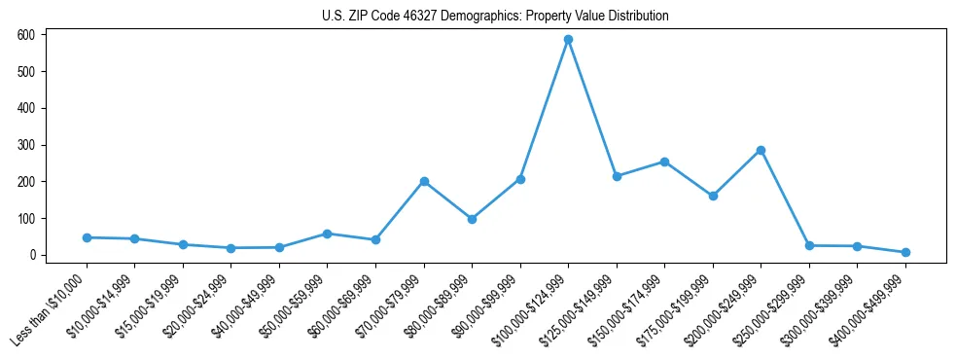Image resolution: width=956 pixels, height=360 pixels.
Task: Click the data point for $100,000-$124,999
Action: coord(569,40)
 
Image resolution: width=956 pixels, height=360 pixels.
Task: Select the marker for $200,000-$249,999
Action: coord(761,150)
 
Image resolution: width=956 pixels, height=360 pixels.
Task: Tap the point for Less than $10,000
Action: coord(87,237)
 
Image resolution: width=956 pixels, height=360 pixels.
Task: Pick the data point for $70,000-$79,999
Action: coord(424,181)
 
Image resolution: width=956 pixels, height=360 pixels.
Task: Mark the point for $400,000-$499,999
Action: coord(905,252)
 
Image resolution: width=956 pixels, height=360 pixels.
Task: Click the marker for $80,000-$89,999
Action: coord(473,219)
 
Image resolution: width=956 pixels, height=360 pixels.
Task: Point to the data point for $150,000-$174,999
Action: coord(665,162)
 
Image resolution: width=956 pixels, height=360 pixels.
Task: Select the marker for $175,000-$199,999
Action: coord(713,196)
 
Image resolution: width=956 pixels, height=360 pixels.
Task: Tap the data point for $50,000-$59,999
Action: coord(328,234)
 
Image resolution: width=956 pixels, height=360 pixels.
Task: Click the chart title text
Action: coord(495,17)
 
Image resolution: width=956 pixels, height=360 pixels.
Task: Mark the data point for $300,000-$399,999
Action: coord(858,246)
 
